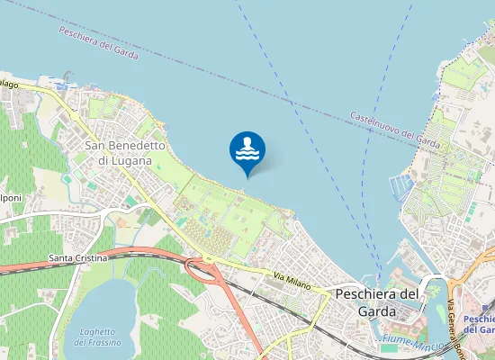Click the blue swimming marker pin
[247, 150]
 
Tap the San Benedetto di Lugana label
[125, 151]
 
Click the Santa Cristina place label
[78, 258]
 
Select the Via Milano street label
[292, 283]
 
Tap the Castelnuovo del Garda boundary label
[394, 129]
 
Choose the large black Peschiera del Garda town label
[376, 301]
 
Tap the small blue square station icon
[465, 309]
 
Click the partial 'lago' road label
[9, 84]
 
